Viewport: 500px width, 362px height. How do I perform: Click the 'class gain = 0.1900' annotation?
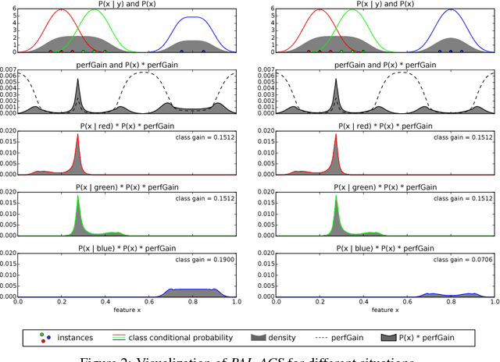click(205, 258)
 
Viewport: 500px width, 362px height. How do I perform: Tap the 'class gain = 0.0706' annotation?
click(460, 258)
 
